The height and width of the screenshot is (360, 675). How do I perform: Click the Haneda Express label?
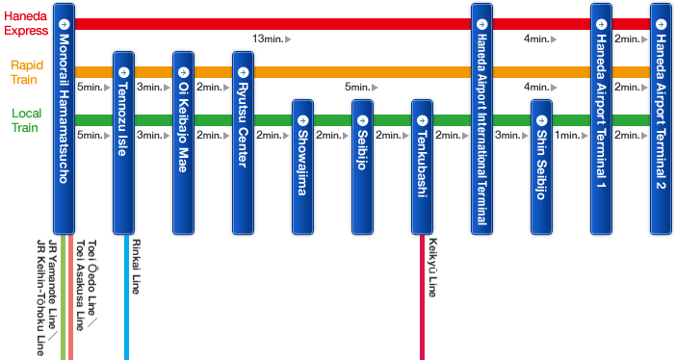coord(25,23)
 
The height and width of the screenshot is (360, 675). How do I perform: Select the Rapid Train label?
coord(27,72)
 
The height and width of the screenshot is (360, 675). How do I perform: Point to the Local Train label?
coord(26,120)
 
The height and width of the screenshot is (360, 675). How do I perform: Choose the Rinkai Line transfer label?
coord(136,267)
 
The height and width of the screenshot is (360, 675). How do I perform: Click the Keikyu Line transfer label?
coord(433,269)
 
